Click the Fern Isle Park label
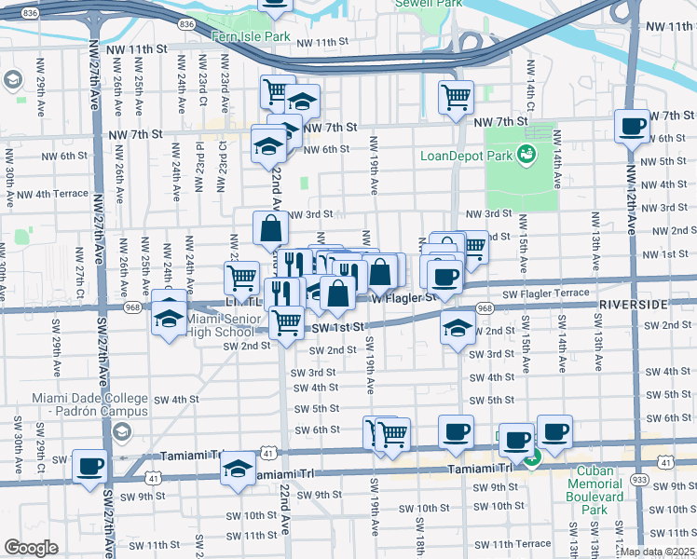252,36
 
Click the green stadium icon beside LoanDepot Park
527,154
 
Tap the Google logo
31,547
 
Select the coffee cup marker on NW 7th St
632,126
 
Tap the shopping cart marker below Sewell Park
456,96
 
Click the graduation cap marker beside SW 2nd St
457,328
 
